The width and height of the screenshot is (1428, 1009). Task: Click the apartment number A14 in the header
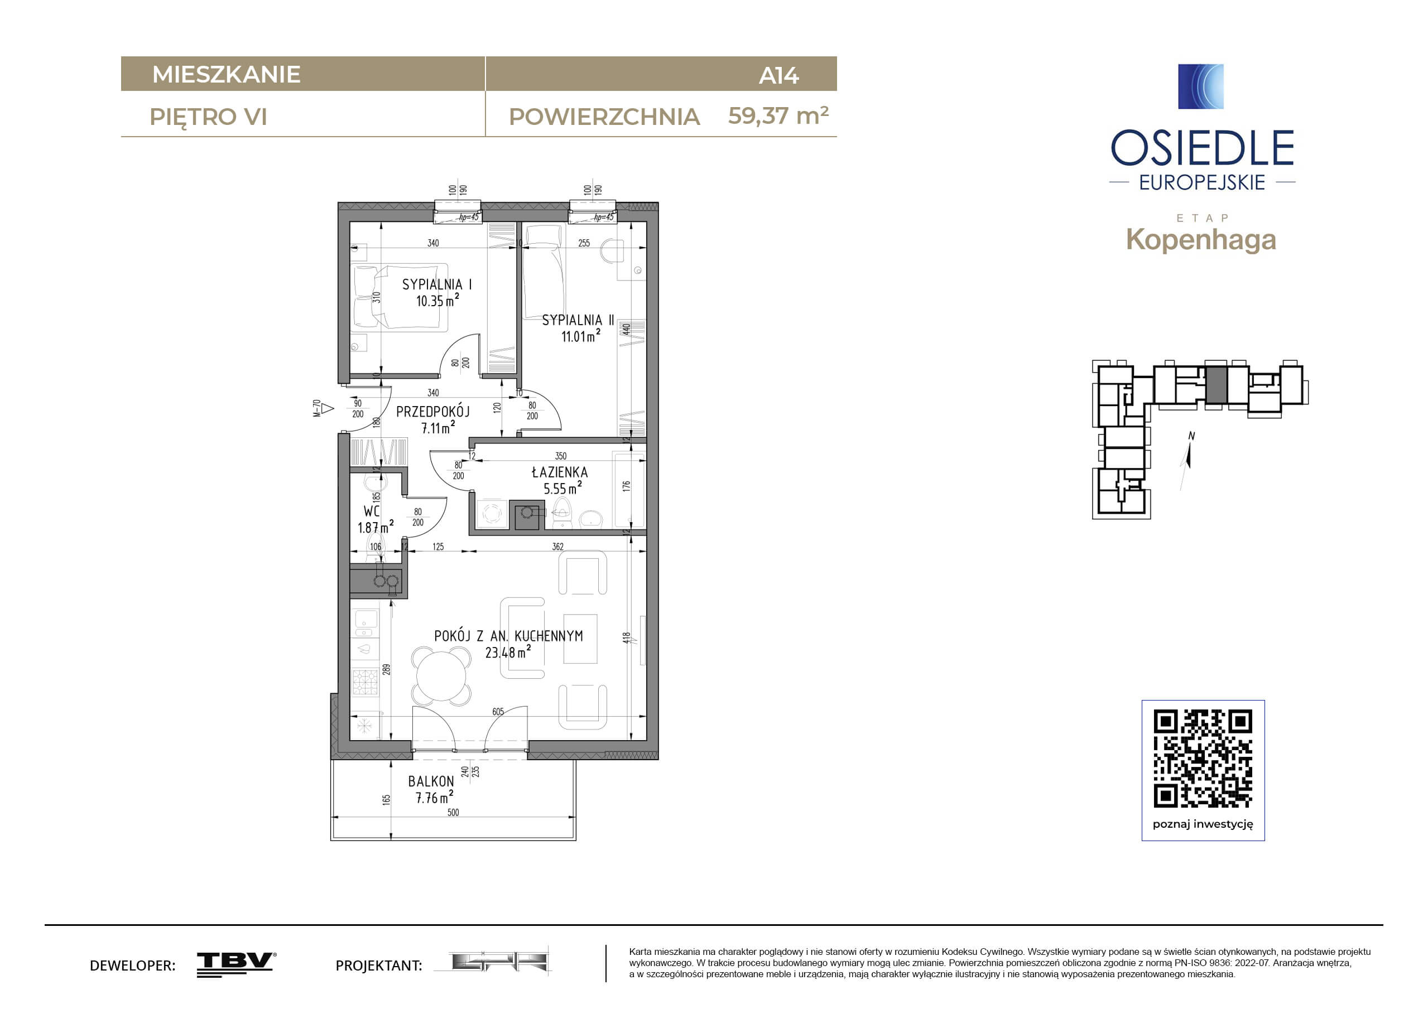pyautogui.click(x=778, y=76)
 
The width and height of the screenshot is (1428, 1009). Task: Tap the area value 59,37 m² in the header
pyautogui.click(x=778, y=115)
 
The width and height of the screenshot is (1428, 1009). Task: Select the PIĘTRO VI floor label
pyautogui.click(x=208, y=118)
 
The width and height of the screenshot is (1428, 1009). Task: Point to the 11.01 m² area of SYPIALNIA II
pyautogui.click(x=581, y=336)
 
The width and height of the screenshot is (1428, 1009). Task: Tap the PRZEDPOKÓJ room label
pyautogui.click(x=433, y=411)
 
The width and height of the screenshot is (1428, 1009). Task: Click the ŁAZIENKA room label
pyautogui.click(x=560, y=472)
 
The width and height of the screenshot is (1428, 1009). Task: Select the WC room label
pyautogui.click(x=371, y=511)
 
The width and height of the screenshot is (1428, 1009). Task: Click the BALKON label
pyautogui.click(x=431, y=781)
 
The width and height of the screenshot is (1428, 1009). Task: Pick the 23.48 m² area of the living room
pyautogui.click(x=509, y=652)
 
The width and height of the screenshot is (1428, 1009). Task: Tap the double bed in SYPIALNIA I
pyautogui.click(x=401, y=296)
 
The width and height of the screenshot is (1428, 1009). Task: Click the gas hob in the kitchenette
pyautogui.click(x=365, y=682)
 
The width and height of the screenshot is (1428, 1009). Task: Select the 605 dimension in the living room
pyautogui.click(x=498, y=712)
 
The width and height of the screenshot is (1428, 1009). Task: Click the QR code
pyautogui.click(x=1203, y=759)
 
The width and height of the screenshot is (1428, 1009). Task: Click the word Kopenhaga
pyautogui.click(x=1201, y=240)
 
